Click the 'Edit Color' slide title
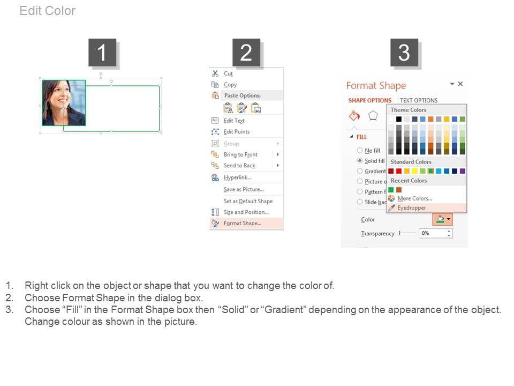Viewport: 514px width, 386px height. click(x=48, y=11)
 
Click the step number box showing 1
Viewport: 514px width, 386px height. click(x=102, y=53)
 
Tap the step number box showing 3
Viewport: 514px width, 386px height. click(x=404, y=53)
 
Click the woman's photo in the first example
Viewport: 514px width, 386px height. click(x=64, y=103)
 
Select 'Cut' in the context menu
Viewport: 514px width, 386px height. click(x=228, y=73)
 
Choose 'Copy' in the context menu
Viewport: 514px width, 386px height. click(x=230, y=85)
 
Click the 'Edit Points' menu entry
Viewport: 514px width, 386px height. click(x=237, y=132)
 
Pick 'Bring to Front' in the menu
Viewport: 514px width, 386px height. click(x=240, y=154)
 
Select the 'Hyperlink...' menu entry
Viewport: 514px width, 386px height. click(x=238, y=177)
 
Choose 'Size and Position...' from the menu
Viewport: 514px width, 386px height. click(x=246, y=212)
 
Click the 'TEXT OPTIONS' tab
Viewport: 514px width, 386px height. click(x=419, y=100)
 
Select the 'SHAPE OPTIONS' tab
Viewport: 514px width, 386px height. click(x=370, y=100)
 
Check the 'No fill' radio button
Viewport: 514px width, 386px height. click(x=360, y=150)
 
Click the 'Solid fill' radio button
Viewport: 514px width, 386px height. click(x=360, y=161)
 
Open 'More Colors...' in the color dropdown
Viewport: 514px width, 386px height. click(x=414, y=198)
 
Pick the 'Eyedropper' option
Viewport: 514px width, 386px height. click(x=412, y=208)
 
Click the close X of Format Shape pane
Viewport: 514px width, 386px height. click(x=460, y=84)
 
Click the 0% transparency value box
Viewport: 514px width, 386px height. click(x=435, y=233)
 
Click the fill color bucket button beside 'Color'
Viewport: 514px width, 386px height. click(x=443, y=219)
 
